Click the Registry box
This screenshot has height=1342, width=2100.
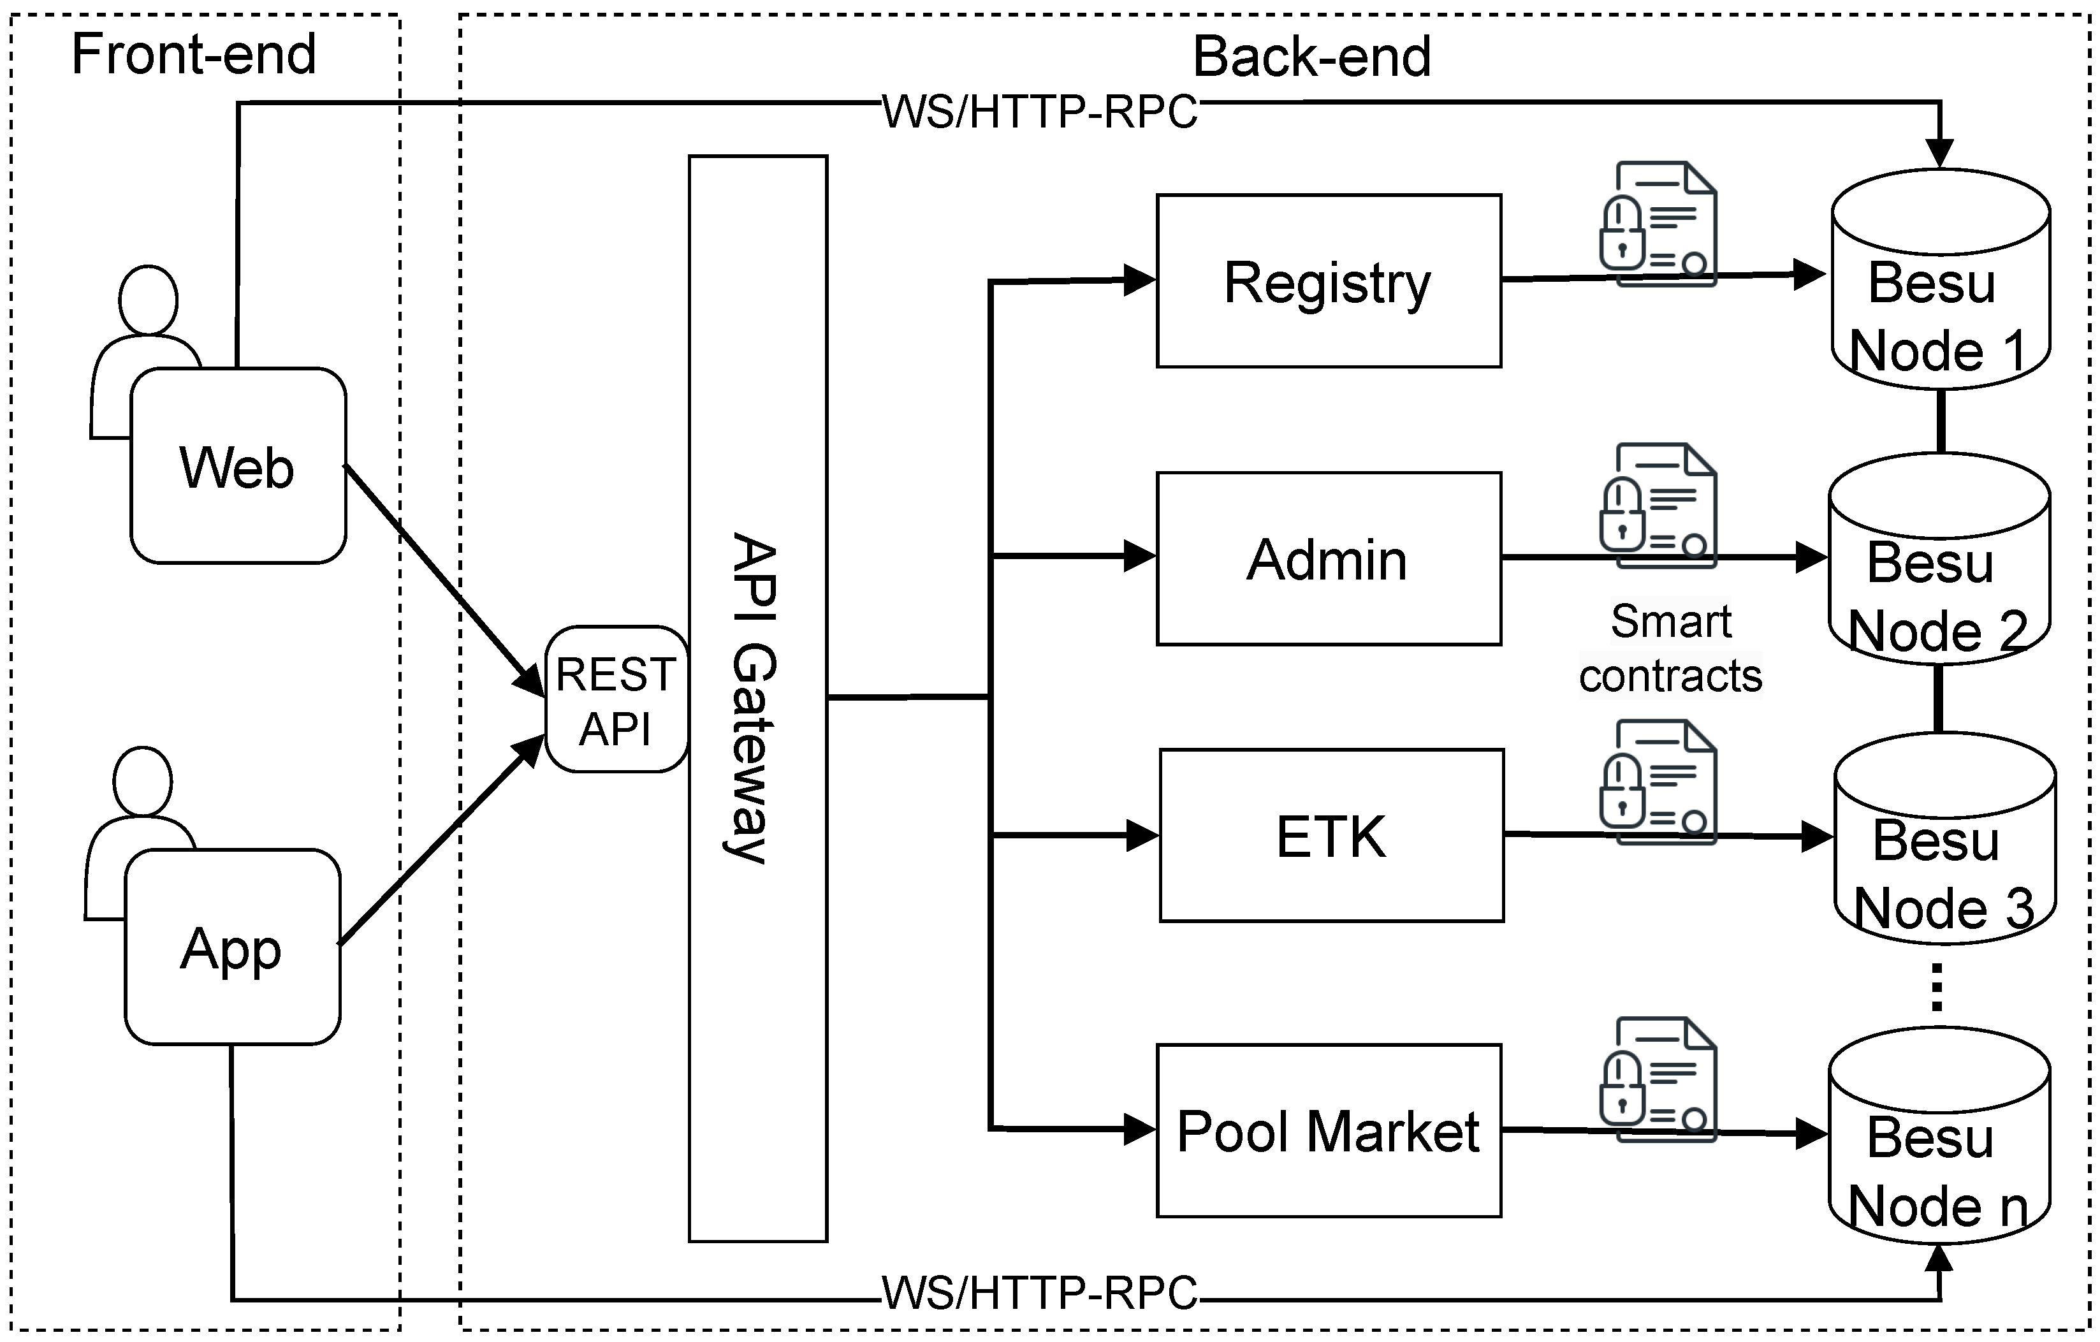pyautogui.click(x=1328, y=281)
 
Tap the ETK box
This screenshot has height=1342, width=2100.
pyautogui.click(x=1331, y=835)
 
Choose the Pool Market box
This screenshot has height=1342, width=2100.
pyautogui.click(x=1328, y=1130)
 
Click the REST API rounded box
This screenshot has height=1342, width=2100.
pyautogui.click(x=616, y=699)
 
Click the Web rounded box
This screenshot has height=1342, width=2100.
pyautogui.click(x=237, y=467)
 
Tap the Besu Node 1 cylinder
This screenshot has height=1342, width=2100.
pyautogui.click(x=1939, y=288)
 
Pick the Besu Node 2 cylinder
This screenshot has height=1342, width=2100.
pyautogui.click(x=1938, y=567)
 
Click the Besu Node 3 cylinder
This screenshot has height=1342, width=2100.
pyautogui.click(x=1944, y=846)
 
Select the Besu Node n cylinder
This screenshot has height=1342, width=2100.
pyautogui.click(x=1938, y=1142)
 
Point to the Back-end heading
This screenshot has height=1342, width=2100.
pyautogui.click(x=1311, y=57)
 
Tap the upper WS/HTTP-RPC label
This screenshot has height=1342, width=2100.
pyautogui.click(x=1040, y=112)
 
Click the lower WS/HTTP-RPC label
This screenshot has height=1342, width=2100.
pyautogui.click(x=1040, y=1292)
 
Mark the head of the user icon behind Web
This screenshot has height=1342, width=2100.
pyautogui.click(x=149, y=301)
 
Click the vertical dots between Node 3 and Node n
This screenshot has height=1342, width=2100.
pyautogui.click(x=1937, y=987)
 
